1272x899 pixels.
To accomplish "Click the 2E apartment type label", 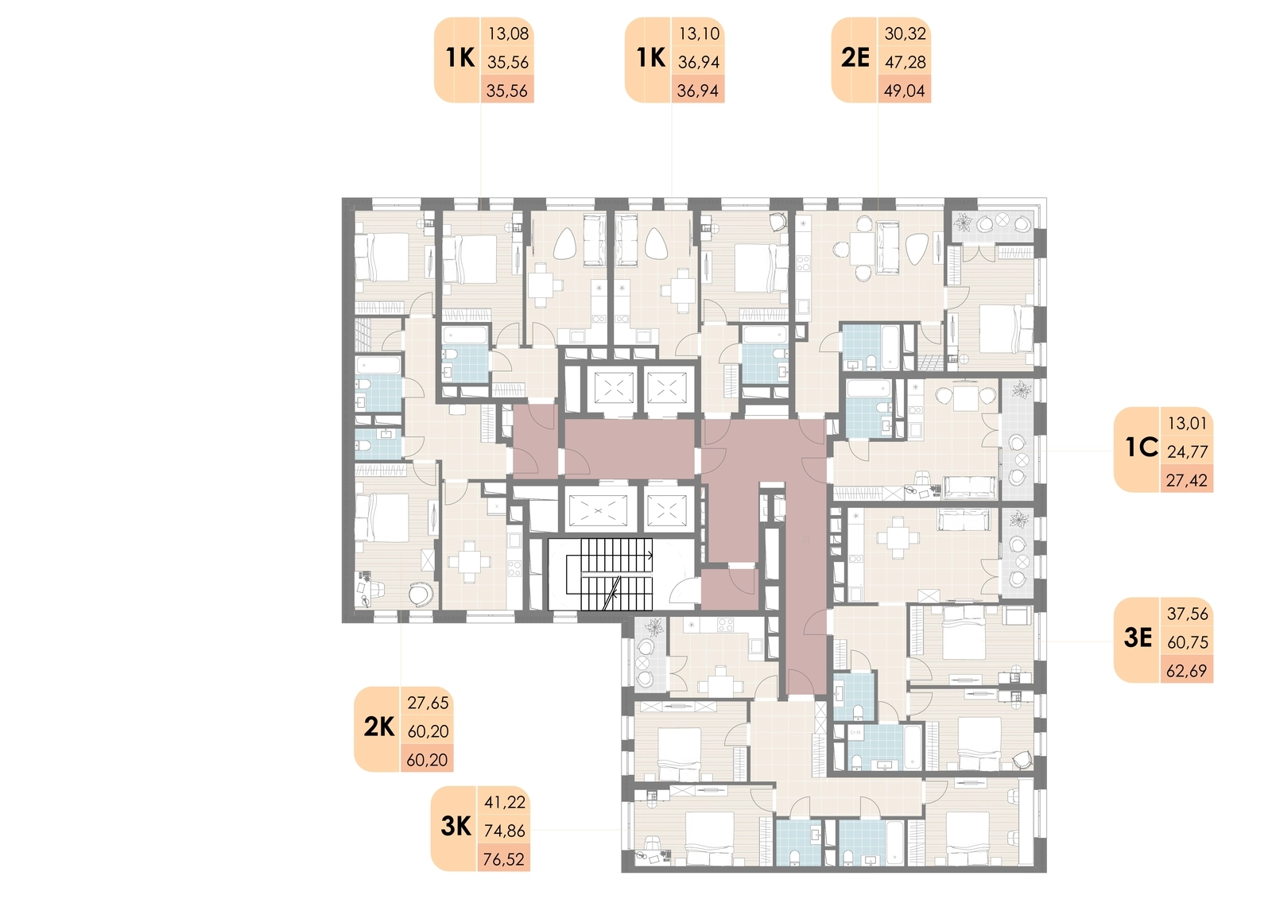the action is [x=855, y=58].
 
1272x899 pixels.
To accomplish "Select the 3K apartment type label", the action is [x=456, y=827].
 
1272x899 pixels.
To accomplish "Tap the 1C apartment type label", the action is [x=1142, y=448].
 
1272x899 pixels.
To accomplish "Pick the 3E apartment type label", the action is [x=1138, y=638].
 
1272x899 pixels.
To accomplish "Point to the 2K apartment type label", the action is [x=378, y=727].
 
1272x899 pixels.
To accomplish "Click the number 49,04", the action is [x=905, y=91].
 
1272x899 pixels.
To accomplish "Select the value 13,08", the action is [x=508, y=34].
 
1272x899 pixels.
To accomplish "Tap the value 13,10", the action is [x=699, y=34].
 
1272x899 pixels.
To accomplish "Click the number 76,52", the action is [x=504, y=860].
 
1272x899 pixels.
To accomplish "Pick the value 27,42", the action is [x=1187, y=481].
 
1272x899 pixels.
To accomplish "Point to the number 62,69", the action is [x=1186, y=671].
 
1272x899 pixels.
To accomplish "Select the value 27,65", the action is [x=428, y=703].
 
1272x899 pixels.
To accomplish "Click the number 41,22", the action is [x=505, y=803].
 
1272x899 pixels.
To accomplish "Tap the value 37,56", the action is [x=1188, y=614].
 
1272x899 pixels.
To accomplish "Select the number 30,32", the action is [x=906, y=34].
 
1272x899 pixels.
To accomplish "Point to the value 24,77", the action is [x=1187, y=452].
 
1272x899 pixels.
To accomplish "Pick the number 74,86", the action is [x=504, y=831].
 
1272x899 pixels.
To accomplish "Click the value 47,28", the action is [x=906, y=63].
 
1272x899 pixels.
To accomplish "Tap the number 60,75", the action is [x=1188, y=642].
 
